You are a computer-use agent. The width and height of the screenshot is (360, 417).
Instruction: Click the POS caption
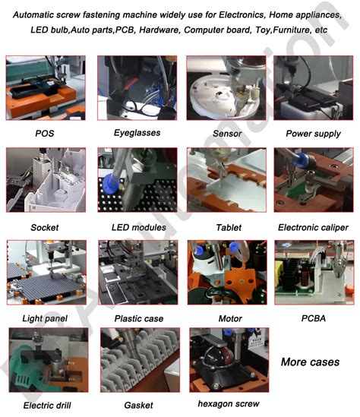click(44, 134)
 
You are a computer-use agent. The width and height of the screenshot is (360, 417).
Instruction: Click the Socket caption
click(44, 227)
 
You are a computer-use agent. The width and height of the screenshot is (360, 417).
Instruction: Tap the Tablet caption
click(229, 227)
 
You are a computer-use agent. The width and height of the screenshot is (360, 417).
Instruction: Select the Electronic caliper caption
click(313, 227)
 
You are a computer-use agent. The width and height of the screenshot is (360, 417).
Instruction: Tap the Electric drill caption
click(48, 405)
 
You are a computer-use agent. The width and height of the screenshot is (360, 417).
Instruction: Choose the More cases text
click(310, 362)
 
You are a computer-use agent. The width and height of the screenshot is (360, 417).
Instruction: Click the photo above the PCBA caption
click(314, 272)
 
